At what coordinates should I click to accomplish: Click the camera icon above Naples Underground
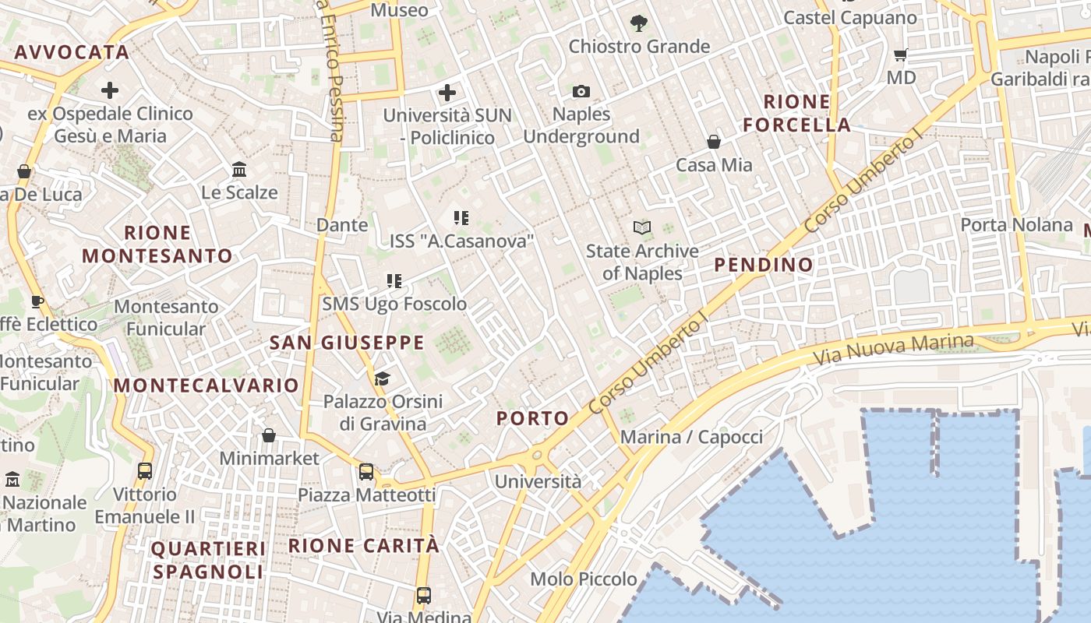pyautogui.click(x=581, y=92)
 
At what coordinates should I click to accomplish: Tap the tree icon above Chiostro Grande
pyautogui.click(x=638, y=23)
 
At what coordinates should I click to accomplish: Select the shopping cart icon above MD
pyautogui.click(x=901, y=55)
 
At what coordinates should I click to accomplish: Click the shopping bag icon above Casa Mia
pyautogui.click(x=713, y=142)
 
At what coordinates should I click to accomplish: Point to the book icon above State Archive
pyautogui.click(x=642, y=227)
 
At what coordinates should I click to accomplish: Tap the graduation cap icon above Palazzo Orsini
pyautogui.click(x=382, y=378)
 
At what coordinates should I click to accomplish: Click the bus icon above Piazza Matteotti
pyautogui.click(x=366, y=471)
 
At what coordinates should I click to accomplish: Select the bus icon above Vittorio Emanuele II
pyautogui.click(x=145, y=470)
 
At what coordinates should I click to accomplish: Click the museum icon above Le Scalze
pyautogui.click(x=239, y=169)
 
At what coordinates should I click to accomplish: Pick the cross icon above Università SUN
pyautogui.click(x=447, y=93)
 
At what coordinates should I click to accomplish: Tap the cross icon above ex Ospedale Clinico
pyautogui.click(x=110, y=90)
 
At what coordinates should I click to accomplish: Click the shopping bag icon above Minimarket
pyautogui.click(x=269, y=435)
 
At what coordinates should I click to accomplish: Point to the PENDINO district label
pyautogui.click(x=764, y=265)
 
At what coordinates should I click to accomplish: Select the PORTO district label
pyautogui.click(x=533, y=418)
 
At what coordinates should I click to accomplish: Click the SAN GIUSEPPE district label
pyautogui.click(x=347, y=343)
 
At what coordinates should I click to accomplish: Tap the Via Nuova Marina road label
pyautogui.click(x=893, y=350)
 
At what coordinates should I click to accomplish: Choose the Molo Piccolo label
pyautogui.click(x=584, y=579)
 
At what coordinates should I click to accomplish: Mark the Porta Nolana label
pyautogui.click(x=1016, y=225)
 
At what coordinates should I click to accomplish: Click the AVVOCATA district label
pyautogui.click(x=72, y=52)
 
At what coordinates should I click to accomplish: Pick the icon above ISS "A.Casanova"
pyautogui.click(x=461, y=218)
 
